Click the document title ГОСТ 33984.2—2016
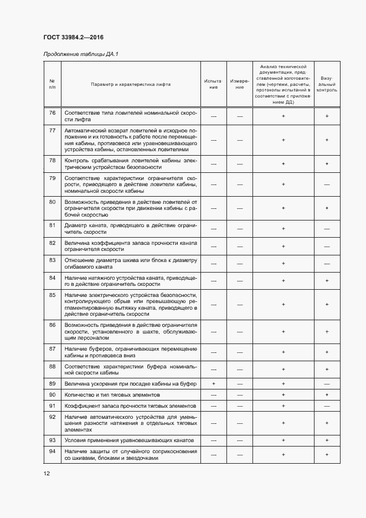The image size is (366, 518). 74,38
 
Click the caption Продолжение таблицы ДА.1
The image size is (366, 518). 81,54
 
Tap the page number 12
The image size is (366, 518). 47,473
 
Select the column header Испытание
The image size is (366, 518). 214,84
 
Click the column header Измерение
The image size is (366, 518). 240,84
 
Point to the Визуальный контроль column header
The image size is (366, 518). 327,84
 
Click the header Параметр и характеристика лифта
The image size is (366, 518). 131,84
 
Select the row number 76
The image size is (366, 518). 53,113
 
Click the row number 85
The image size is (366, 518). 53,295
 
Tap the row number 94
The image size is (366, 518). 53,451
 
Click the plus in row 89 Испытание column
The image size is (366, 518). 214,383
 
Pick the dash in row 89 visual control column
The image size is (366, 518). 327,383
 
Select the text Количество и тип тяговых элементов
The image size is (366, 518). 112,394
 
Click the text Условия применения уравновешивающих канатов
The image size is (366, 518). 129,440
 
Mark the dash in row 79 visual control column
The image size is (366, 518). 327,184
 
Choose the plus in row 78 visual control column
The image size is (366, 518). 327,164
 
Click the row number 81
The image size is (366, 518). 53,225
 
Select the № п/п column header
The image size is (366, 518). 53,84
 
